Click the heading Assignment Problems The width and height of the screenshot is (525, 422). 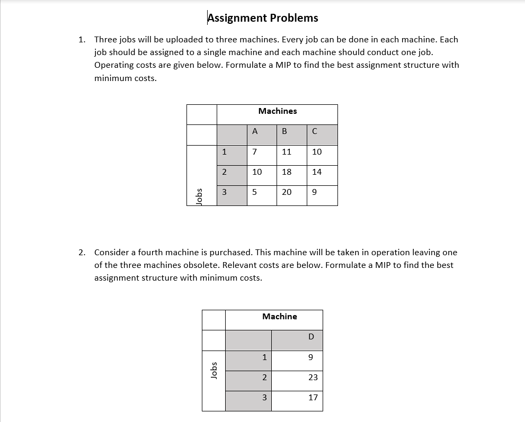263,18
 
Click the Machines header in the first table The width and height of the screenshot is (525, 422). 277,111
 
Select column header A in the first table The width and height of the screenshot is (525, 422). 255,132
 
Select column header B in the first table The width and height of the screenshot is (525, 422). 284,132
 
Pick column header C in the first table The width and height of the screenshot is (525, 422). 315,132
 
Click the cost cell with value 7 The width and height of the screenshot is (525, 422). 255,152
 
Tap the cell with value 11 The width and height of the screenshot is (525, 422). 287,152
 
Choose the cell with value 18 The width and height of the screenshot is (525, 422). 287,172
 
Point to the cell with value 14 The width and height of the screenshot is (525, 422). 317,172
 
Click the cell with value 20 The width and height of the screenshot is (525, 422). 287,192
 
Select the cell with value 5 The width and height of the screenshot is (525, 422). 255,192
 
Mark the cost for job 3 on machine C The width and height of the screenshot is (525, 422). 315,192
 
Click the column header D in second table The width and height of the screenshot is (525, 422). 311,337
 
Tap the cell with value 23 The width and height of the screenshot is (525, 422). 313,378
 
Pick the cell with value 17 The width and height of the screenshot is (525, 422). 313,397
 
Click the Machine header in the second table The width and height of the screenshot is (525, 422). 279,317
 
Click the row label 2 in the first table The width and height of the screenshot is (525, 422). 224,172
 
